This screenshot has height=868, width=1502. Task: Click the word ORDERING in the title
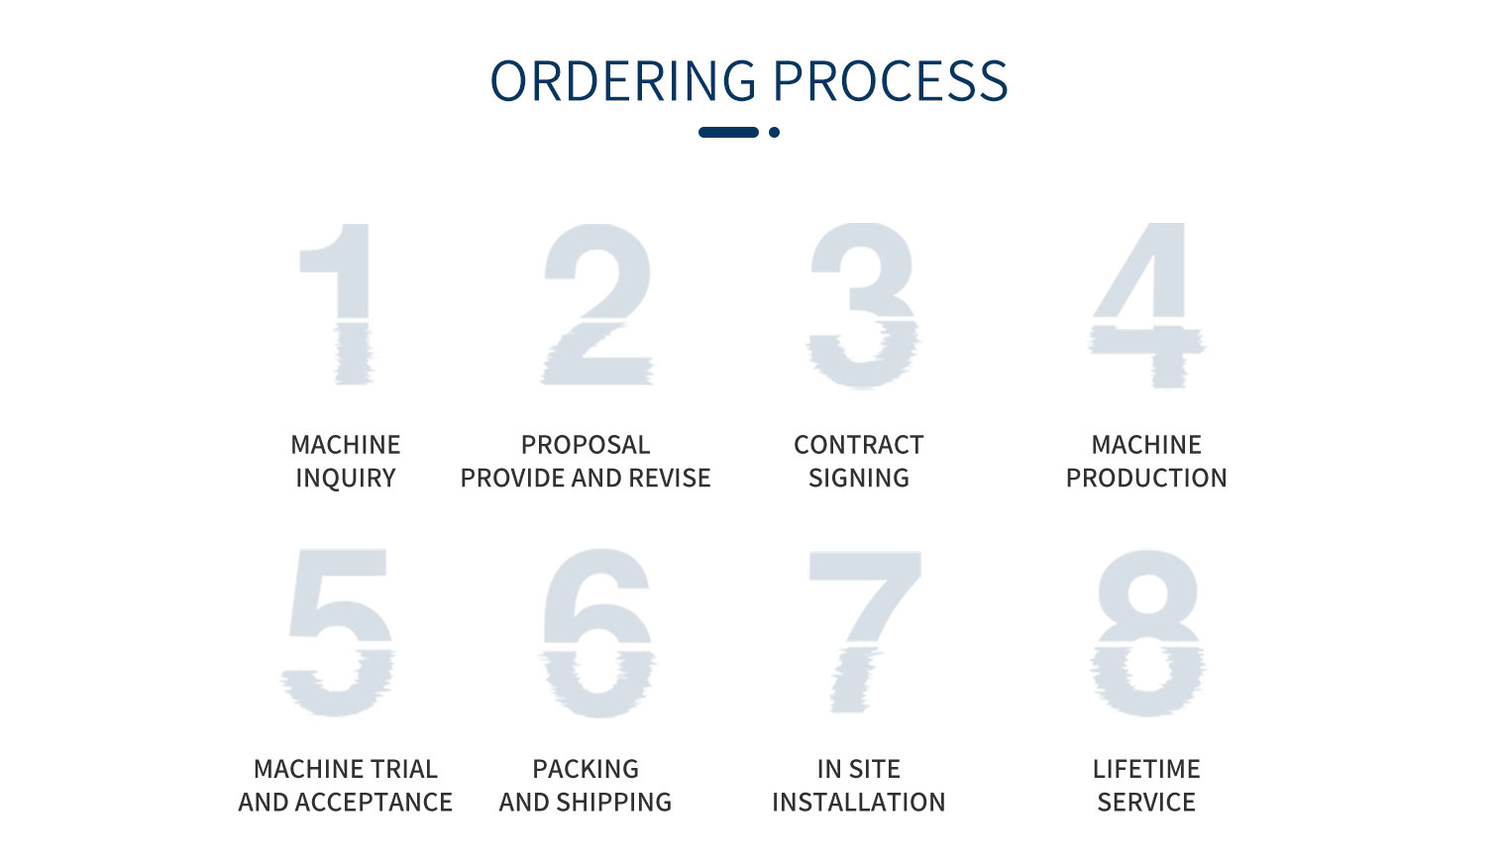point(623,81)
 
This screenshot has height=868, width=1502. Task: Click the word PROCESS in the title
point(891,81)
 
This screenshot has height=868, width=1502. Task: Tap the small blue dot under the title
point(774,132)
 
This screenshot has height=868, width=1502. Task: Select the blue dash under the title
point(728,132)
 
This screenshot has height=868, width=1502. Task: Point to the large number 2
point(596,304)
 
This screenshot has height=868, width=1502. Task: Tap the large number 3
point(863,305)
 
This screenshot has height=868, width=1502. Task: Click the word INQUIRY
point(346,479)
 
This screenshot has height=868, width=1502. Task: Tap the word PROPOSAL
point(586,445)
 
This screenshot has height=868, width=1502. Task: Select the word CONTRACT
point(858,445)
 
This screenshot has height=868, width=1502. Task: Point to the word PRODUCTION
point(1146,479)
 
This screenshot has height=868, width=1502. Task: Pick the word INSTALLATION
point(858,803)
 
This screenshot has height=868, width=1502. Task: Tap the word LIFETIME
point(1146,769)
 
